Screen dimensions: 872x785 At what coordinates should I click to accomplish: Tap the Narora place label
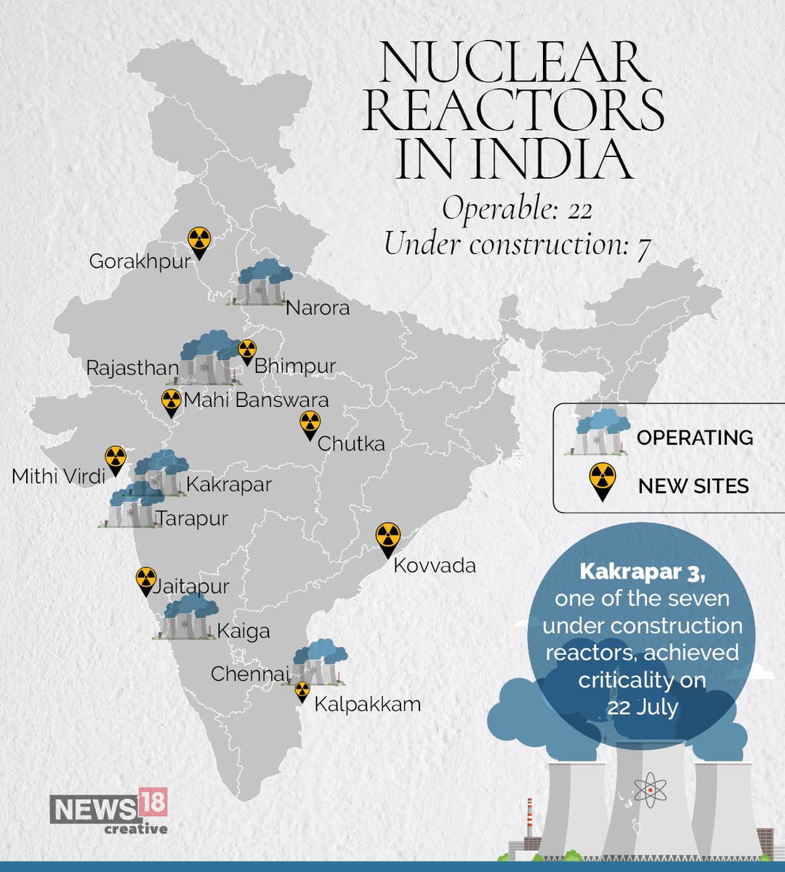click(318, 307)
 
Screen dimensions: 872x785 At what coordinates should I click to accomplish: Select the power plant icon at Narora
click(260, 282)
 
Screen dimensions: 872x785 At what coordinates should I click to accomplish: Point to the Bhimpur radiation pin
click(247, 351)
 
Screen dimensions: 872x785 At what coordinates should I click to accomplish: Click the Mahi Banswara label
click(256, 400)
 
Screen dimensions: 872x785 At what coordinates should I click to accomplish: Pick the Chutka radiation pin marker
click(310, 424)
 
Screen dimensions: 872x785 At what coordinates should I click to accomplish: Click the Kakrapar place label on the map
click(229, 484)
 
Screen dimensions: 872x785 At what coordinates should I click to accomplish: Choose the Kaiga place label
click(243, 631)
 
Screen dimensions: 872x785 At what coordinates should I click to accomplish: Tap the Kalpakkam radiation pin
click(302, 691)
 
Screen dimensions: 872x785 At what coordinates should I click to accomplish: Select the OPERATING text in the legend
click(694, 437)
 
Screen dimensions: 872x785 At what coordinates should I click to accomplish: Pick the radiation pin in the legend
click(603, 480)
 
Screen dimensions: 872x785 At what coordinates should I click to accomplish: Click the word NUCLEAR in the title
click(515, 64)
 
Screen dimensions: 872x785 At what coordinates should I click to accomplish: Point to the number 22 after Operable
click(580, 210)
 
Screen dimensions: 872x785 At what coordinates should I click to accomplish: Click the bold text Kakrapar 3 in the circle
click(642, 572)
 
